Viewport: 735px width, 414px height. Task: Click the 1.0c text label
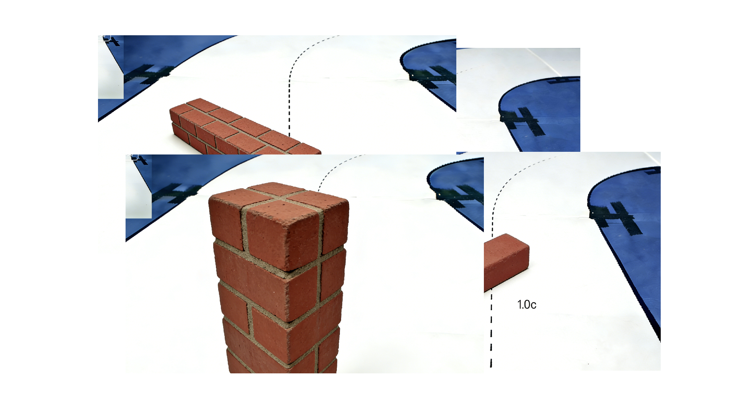pyautogui.click(x=527, y=305)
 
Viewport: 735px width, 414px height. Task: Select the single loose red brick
pyautogui.click(x=506, y=263)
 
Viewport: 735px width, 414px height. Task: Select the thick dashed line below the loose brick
pyautogui.click(x=491, y=330)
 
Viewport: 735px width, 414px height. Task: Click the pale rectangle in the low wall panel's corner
pyautogui.click(x=111, y=67)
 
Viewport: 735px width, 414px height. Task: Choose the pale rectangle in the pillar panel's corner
pyautogui.click(x=139, y=187)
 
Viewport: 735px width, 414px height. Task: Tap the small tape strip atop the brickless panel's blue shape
pyautogui.click(x=563, y=80)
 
